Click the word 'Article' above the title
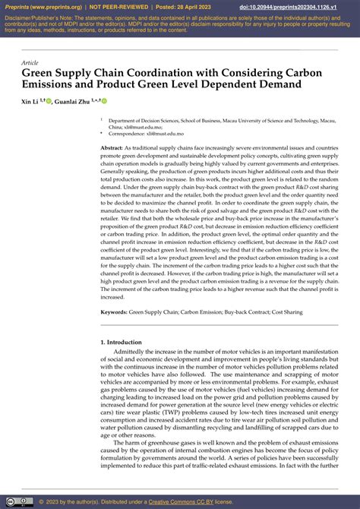pyautogui.click(x=30, y=62)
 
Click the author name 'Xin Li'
pyautogui.click(x=30, y=100)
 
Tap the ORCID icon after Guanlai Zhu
pyautogui.click(x=104, y=100)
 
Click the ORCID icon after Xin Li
pyautogui.click(x=49, y=100)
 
